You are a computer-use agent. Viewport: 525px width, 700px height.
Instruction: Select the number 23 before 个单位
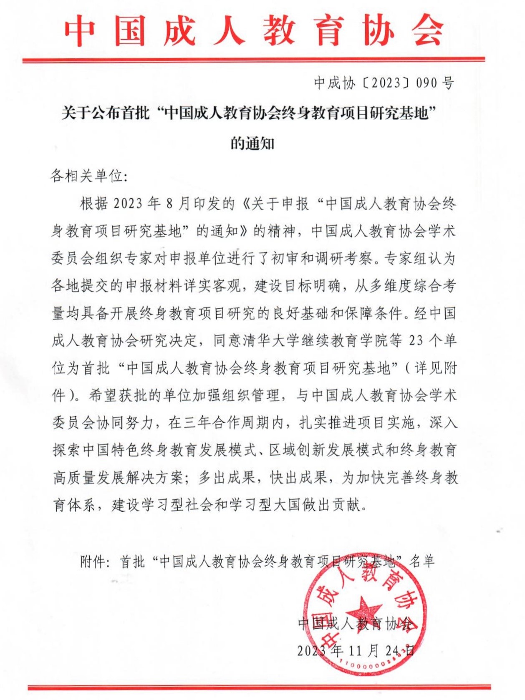coord(416,340)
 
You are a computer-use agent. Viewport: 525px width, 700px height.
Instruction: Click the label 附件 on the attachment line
coord(93,562)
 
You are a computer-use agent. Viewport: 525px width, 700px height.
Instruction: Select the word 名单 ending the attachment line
coord(422,562)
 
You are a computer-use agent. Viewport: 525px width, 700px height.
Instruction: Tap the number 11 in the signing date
coord(355,650)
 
